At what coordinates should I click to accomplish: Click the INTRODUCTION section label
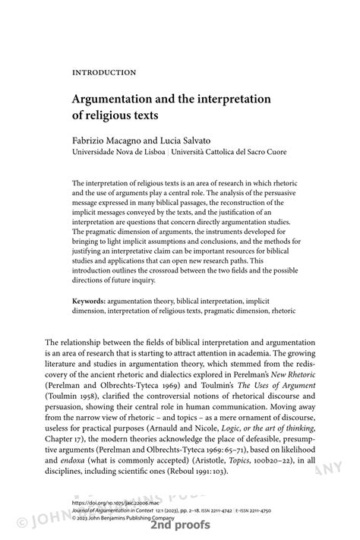click(104, 73)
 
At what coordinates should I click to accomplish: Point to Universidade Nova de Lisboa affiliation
click(119, 152)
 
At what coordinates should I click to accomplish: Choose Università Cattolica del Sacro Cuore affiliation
click(229, 152)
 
